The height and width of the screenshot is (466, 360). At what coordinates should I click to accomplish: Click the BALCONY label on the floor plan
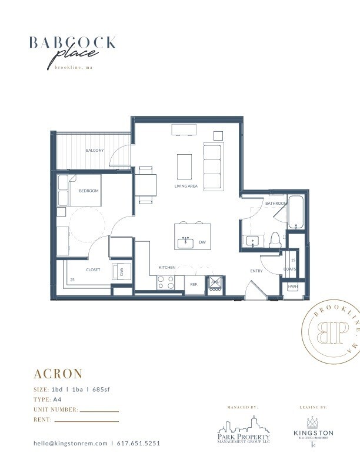pos(95,151)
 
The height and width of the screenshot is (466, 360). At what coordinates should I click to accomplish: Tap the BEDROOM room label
pos(89,191)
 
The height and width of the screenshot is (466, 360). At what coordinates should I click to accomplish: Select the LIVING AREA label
pos(185,186)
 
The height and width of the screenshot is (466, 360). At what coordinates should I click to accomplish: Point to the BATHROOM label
pos(276,204)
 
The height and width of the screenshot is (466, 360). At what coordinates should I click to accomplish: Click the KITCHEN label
pos(167,268)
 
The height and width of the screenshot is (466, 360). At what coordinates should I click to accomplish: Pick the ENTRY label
pos(256,271)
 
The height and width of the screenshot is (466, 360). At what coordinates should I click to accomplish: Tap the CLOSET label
pos(93,270)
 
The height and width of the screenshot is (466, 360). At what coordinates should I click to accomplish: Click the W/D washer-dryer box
pos(122,271)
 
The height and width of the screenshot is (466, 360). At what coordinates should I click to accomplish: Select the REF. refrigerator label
pos(194,284)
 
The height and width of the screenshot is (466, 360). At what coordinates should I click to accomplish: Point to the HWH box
pos(292,287)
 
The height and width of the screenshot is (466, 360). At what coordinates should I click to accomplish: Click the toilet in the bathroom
pos(274,239)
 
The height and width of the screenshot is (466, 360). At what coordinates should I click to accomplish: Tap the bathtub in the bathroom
pos(295,212)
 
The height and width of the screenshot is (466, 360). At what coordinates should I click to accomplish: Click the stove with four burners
pos(165,283)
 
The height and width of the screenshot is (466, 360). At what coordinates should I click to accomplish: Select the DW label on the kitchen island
pos(202,242)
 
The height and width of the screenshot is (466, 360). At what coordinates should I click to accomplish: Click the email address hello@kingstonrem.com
pos(71,443)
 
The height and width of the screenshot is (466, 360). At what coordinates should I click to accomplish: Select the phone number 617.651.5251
pos(138,443)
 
